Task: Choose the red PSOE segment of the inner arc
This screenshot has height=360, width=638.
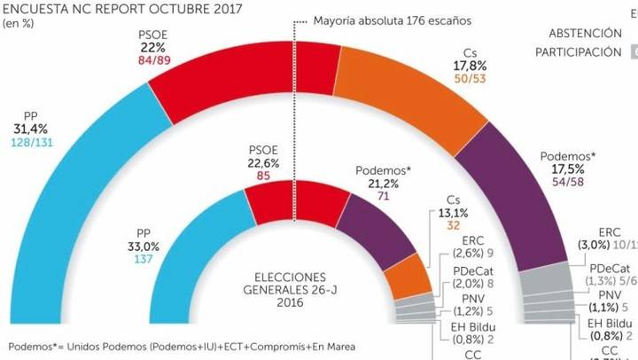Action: [x=284, y=201]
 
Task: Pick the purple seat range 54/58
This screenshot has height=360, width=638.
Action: [x=566, y=183]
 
